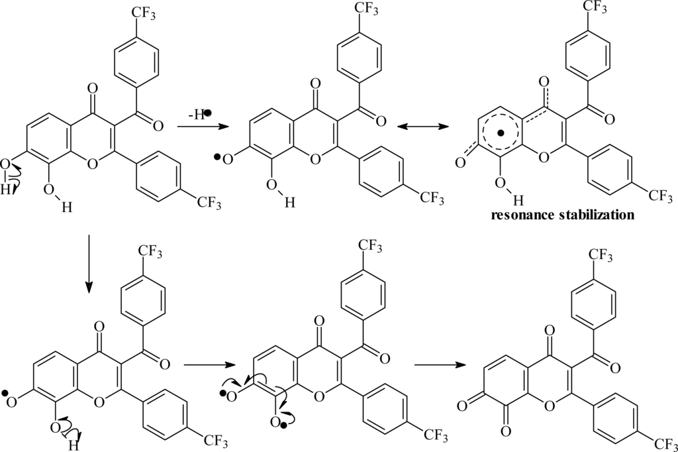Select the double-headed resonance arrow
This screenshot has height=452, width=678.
[x=426, y=125]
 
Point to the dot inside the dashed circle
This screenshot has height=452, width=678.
[x=501, y=134]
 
